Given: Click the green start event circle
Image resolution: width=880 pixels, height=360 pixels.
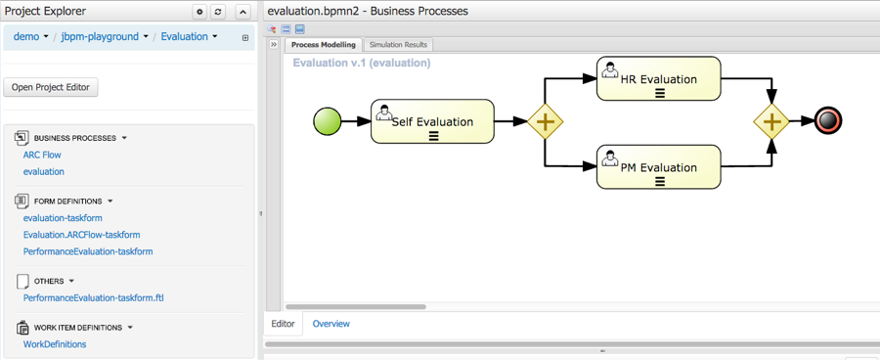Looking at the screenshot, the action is pos(328,121).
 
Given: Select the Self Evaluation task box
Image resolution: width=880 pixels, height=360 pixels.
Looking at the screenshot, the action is pos(432,121).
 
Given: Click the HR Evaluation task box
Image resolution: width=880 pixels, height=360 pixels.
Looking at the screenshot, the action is pos(658,78).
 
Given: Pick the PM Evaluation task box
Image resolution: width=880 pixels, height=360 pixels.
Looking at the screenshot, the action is pos(658,167).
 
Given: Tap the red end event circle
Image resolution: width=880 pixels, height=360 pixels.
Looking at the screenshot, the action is pos(828,120).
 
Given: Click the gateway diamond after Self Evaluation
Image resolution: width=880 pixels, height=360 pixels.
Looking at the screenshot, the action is pos(545,121).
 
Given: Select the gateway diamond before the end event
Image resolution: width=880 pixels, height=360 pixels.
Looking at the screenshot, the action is pos(771,121).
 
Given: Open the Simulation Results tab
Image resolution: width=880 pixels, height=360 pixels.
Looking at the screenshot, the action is pos(398,45).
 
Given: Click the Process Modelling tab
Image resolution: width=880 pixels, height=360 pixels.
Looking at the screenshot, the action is pos(324,45).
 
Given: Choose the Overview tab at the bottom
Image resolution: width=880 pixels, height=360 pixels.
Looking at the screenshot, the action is pos(331,324).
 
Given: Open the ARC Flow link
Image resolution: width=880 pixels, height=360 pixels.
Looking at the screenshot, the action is pos(42,155).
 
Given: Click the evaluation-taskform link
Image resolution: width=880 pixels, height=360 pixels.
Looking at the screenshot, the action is pos(63,218).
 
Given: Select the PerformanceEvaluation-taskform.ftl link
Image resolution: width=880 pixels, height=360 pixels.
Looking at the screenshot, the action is pos(93,297).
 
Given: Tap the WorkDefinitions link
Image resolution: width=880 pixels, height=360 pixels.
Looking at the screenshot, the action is pos(55,344).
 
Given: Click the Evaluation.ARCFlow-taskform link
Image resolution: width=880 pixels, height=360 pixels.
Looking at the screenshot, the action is pos(81,235).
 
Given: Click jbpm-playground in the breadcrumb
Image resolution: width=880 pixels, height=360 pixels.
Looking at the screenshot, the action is pos(100,36).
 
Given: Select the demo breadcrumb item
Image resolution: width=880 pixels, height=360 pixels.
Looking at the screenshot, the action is pos(26,36).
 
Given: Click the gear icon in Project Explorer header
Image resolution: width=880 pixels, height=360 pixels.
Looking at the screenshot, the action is pos(199,12).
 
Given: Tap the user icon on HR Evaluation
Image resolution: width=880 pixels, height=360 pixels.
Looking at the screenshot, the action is pos(609,69).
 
